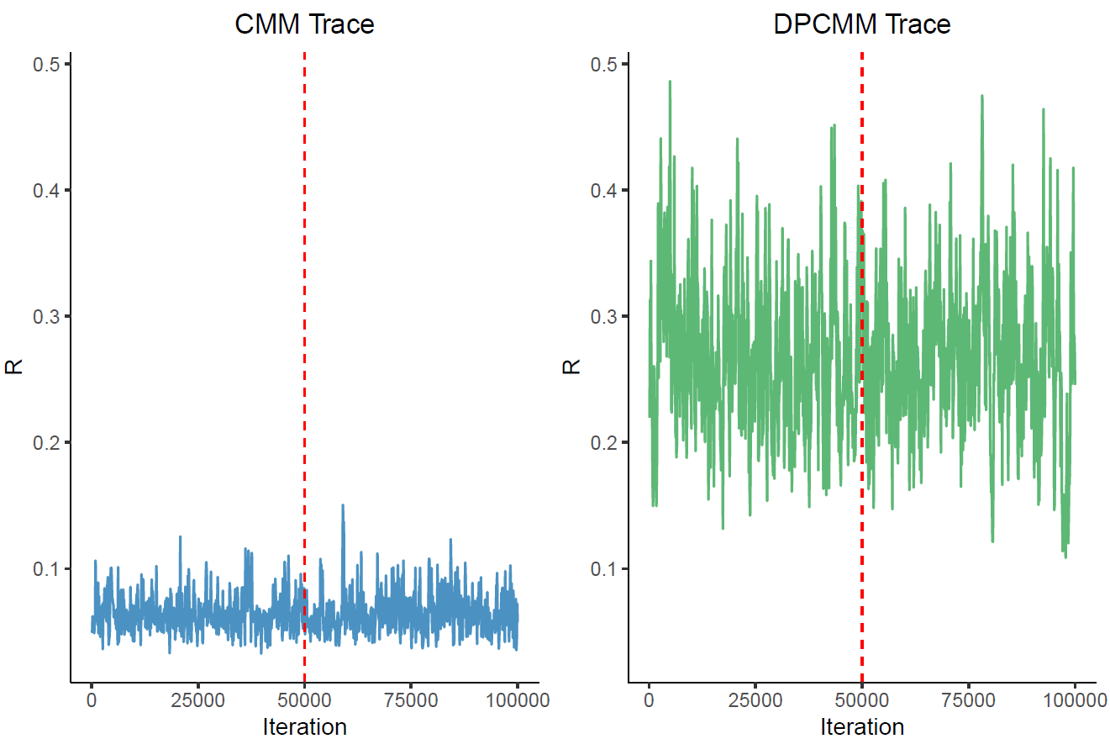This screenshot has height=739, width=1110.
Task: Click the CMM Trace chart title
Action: (304, 24)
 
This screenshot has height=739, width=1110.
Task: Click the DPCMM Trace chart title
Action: (862, 24)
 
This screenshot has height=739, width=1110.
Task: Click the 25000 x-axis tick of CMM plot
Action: (198, 699)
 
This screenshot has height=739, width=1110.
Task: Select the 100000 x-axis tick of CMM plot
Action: (518, 699)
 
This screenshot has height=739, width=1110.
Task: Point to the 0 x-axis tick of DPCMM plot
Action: (649, 699)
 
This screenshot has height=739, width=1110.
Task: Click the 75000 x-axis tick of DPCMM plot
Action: (969, 699)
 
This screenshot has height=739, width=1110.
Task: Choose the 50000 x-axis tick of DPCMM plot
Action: (862, 699)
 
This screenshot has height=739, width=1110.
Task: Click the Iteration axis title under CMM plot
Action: (304, 726)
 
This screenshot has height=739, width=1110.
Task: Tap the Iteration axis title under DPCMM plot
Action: (862, 726)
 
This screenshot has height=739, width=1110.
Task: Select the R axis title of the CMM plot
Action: (14, 367)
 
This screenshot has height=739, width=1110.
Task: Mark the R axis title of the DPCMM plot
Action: (572, 367)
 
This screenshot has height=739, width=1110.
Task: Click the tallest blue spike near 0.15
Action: (343, 506)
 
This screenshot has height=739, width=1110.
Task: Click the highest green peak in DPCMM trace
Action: (670, 82)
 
